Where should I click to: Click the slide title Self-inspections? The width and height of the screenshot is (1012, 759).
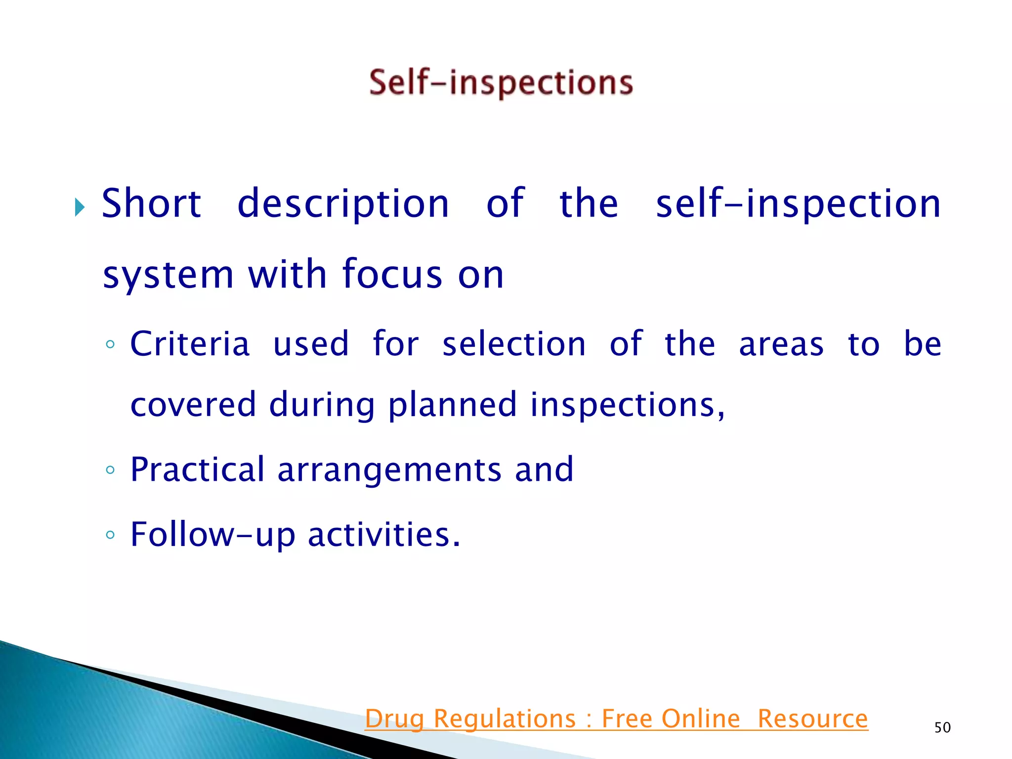pos(501,83)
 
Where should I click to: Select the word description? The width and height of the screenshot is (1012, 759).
pos(343,204)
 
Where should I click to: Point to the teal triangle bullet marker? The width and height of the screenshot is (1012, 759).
pos(80,207)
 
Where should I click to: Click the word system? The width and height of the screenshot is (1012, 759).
pos(168,275)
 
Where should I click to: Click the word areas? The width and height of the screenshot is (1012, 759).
pos(781,344)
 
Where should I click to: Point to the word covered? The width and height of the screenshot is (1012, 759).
pos(193,404)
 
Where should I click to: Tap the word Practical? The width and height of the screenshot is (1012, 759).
pos(197,469)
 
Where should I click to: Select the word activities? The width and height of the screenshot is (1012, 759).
pos(383,534)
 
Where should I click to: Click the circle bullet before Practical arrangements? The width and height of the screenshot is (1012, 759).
pos(110,470)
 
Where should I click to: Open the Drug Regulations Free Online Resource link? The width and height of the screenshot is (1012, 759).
pos(616,718)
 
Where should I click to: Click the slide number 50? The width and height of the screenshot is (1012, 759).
pos(942,727)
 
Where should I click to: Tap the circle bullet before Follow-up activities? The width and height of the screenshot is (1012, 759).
pos(110,535)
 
